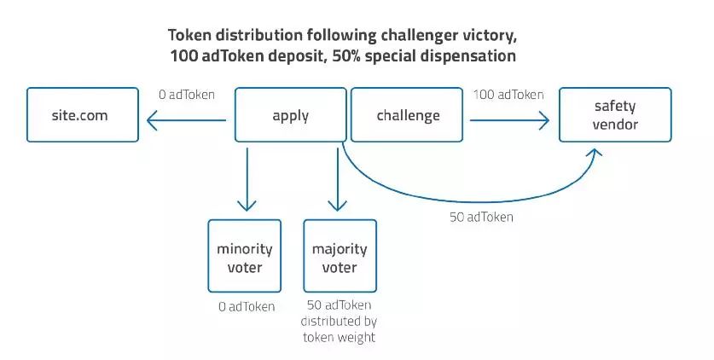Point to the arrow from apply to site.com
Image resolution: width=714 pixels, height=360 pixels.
click(x=186, y=120)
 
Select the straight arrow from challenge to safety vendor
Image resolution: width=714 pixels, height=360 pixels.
click(x=509, y=120)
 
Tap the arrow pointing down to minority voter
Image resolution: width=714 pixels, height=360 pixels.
click(x=247, y=179)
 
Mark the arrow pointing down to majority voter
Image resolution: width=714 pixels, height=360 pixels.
click(x=338, y=179)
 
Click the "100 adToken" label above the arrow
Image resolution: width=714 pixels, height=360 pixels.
click(x=508, y=95)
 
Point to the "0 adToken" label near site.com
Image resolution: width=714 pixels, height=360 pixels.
click(x=187, y=95)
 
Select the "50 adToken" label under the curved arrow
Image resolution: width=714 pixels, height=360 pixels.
click(x=481, y=217)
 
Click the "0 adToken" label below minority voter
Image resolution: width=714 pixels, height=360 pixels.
click(x=247, y=306)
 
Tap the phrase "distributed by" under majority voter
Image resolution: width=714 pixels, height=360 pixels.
click(x=339, y=322)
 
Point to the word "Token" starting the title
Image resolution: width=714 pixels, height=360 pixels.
click(x=190, y=35)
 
